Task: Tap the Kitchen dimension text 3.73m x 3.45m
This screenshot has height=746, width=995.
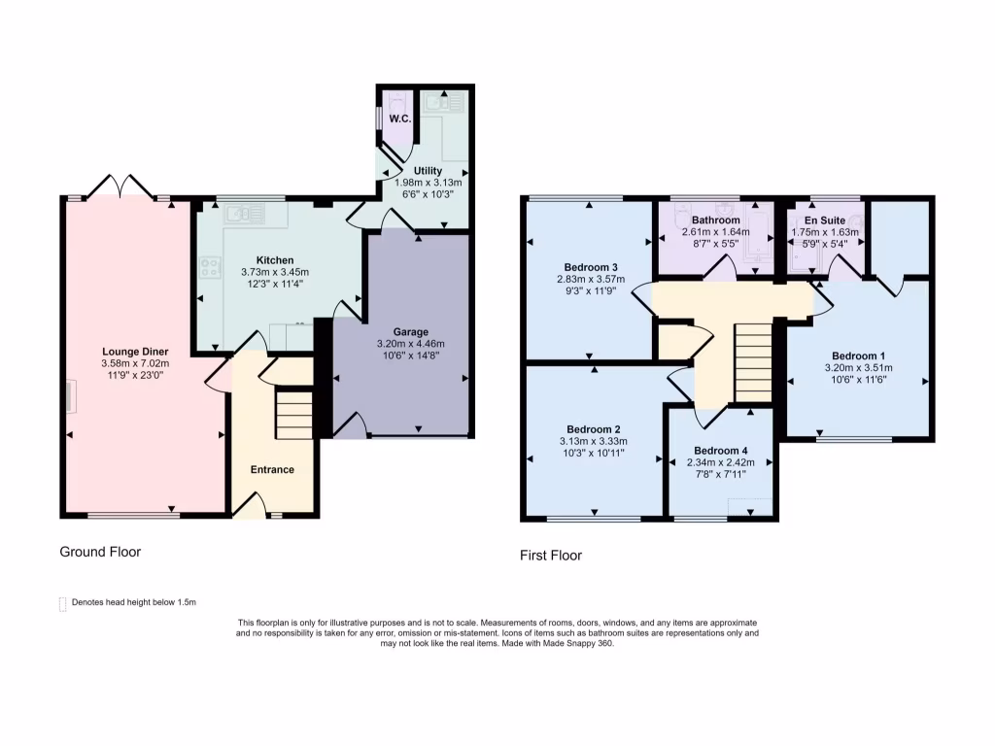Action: pos(275,273)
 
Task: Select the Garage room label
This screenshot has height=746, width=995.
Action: pos(410,332)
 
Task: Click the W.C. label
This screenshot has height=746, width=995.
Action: pos(399,119)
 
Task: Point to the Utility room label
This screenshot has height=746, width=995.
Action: pos(428,171)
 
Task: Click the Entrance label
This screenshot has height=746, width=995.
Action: pos(272,470)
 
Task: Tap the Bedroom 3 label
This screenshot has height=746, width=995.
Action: pos(591,267)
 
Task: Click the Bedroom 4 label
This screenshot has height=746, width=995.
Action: pos(721,451)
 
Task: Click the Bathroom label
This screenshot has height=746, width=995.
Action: pos(716,220)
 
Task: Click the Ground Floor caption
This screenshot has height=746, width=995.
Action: pos(100,552)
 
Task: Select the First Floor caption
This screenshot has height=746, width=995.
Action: pos(551,556)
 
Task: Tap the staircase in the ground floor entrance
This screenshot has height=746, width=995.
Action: pos(293,413)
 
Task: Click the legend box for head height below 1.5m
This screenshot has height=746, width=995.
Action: pos(63,603)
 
